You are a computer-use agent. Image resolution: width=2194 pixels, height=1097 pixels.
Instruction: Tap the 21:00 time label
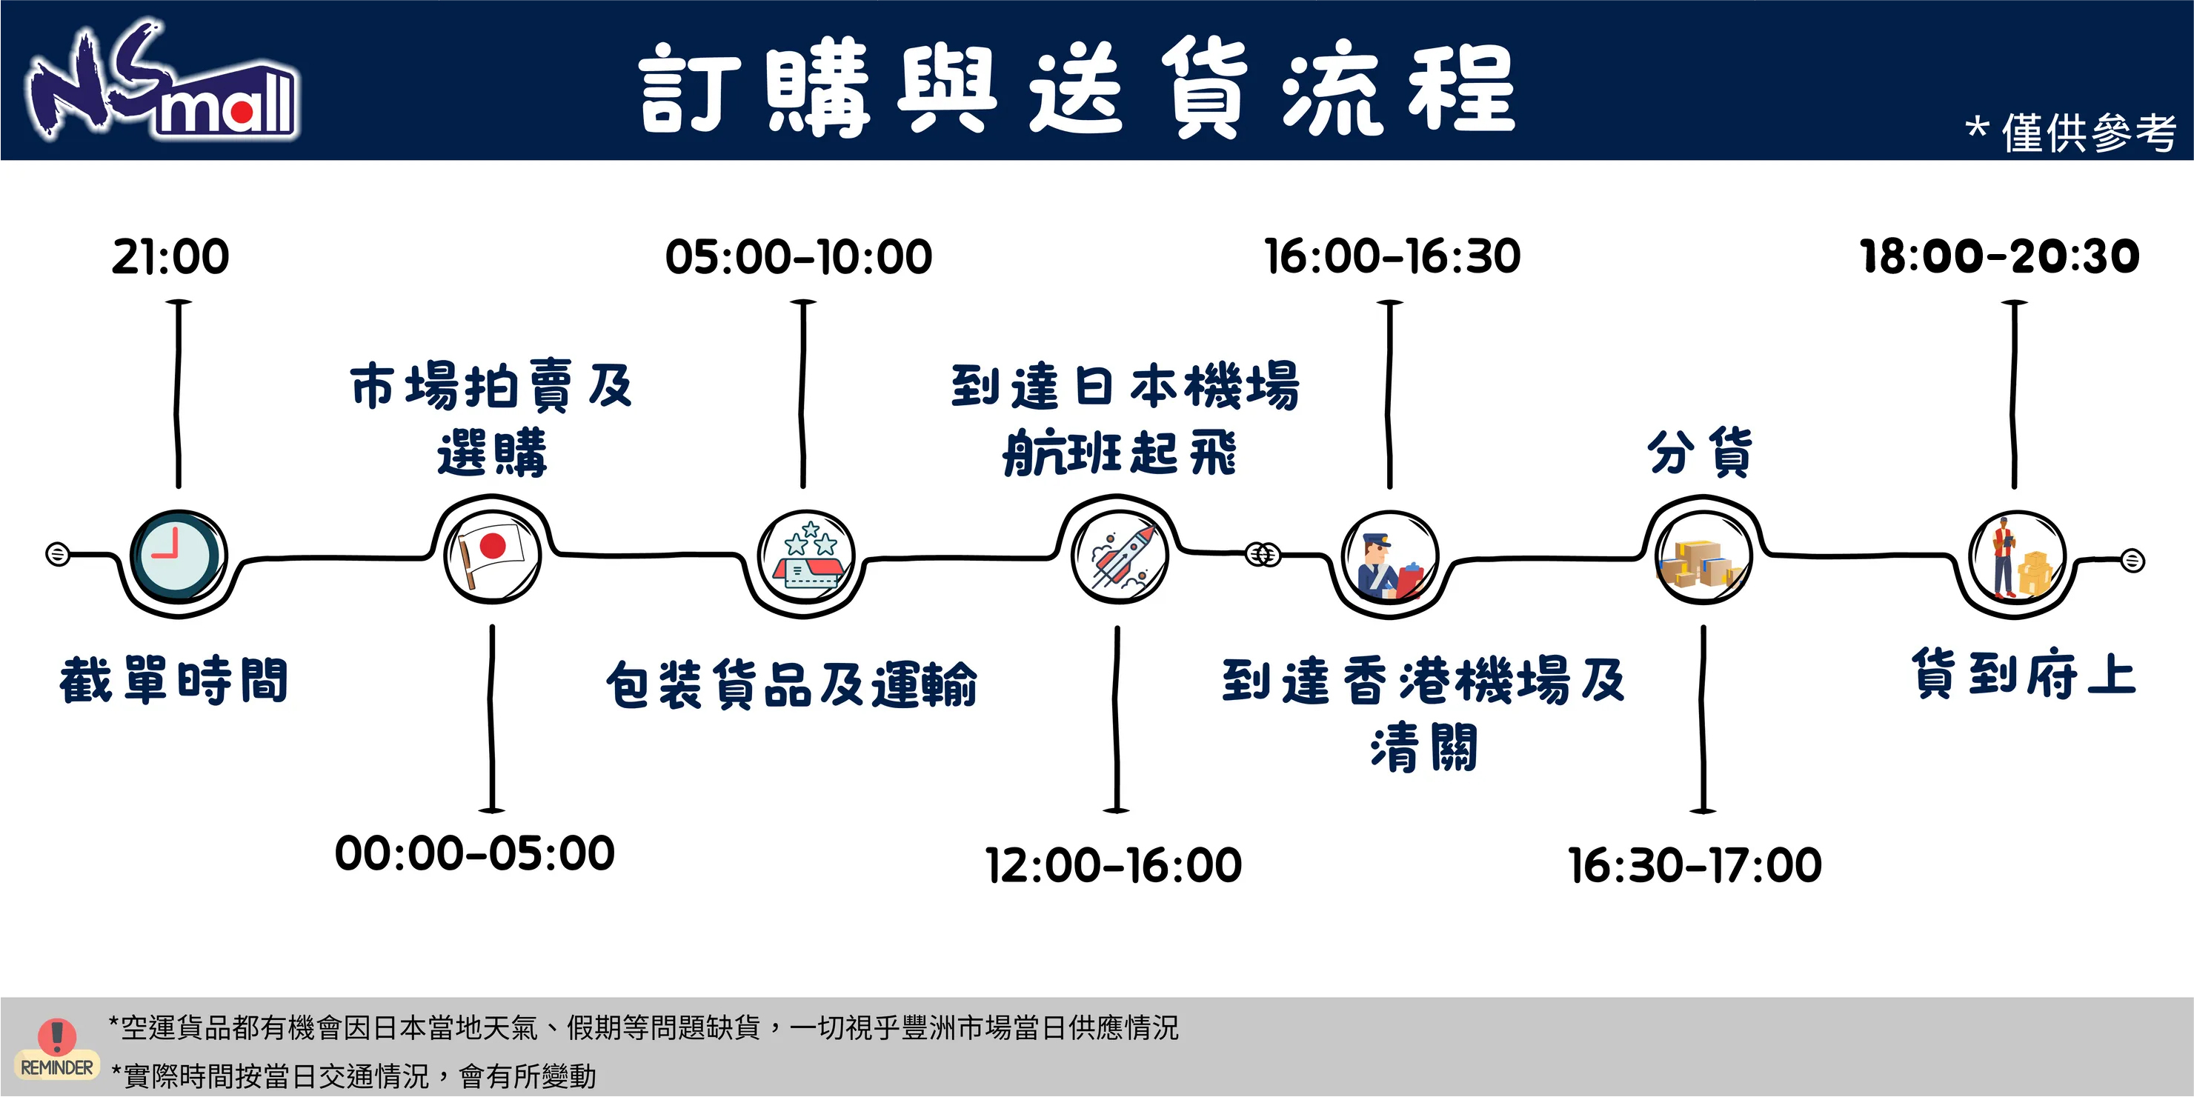170,256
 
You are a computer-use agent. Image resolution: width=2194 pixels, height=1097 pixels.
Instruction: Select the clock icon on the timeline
178,558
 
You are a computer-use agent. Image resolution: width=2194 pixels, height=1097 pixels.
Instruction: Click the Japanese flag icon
491,552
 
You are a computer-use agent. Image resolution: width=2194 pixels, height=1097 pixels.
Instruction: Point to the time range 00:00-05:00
474,853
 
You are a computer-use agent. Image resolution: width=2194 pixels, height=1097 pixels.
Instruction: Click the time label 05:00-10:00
798,256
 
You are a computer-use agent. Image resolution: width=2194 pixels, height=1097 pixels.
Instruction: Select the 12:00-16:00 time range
1113,864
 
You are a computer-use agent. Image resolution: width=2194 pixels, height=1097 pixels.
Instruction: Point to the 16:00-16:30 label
1392,256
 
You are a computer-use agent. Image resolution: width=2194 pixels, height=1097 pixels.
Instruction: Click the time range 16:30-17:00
1694,864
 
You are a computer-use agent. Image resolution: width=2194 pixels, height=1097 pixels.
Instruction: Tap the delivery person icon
2016,558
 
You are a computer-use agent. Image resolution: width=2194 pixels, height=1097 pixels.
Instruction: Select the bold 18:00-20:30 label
1999,256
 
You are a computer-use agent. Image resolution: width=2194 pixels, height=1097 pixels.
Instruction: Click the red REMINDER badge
57,1048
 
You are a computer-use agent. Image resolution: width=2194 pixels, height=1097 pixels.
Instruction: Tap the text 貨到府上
2024,674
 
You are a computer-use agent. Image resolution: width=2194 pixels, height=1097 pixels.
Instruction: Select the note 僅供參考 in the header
2087,133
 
